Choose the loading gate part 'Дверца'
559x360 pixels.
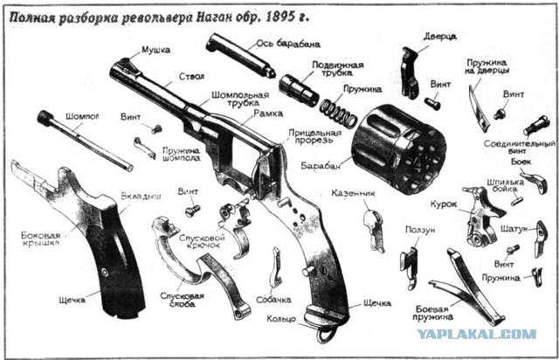coord(408,70)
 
